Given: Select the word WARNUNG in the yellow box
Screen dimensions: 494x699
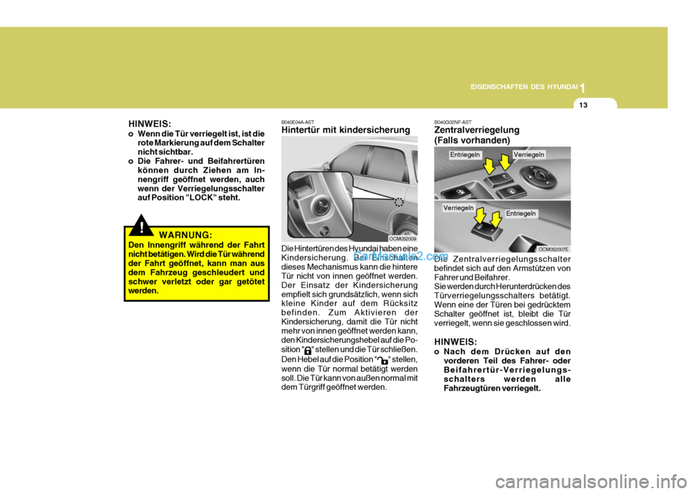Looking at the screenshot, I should click(x=186, y=235).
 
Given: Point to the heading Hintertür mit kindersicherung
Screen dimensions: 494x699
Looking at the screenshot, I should click(x=345, y=130).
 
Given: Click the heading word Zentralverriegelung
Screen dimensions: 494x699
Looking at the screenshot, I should click(x=476, y=130).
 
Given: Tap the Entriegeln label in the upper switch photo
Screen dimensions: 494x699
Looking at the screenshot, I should click(x=465, y=154).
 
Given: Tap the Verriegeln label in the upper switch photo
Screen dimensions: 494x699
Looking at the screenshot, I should click(x=529, y=154).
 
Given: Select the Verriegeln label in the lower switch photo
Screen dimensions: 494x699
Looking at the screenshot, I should click(x=458, y=208).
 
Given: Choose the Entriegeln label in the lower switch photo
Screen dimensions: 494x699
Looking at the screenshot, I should click(x=521, y=213).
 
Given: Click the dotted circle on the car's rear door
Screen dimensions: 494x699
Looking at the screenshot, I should click(x=398, y=203).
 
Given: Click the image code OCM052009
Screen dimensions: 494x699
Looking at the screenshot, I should click(x=403, y=238).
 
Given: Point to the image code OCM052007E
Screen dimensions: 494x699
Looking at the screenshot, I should click(x=553, y=249).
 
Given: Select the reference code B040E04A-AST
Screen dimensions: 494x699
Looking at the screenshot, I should click(x=298, y=122).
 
